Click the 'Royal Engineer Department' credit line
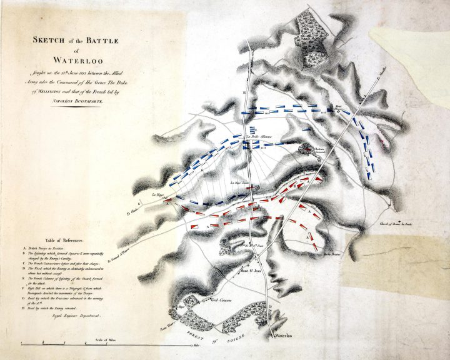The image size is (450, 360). point(73,317)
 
